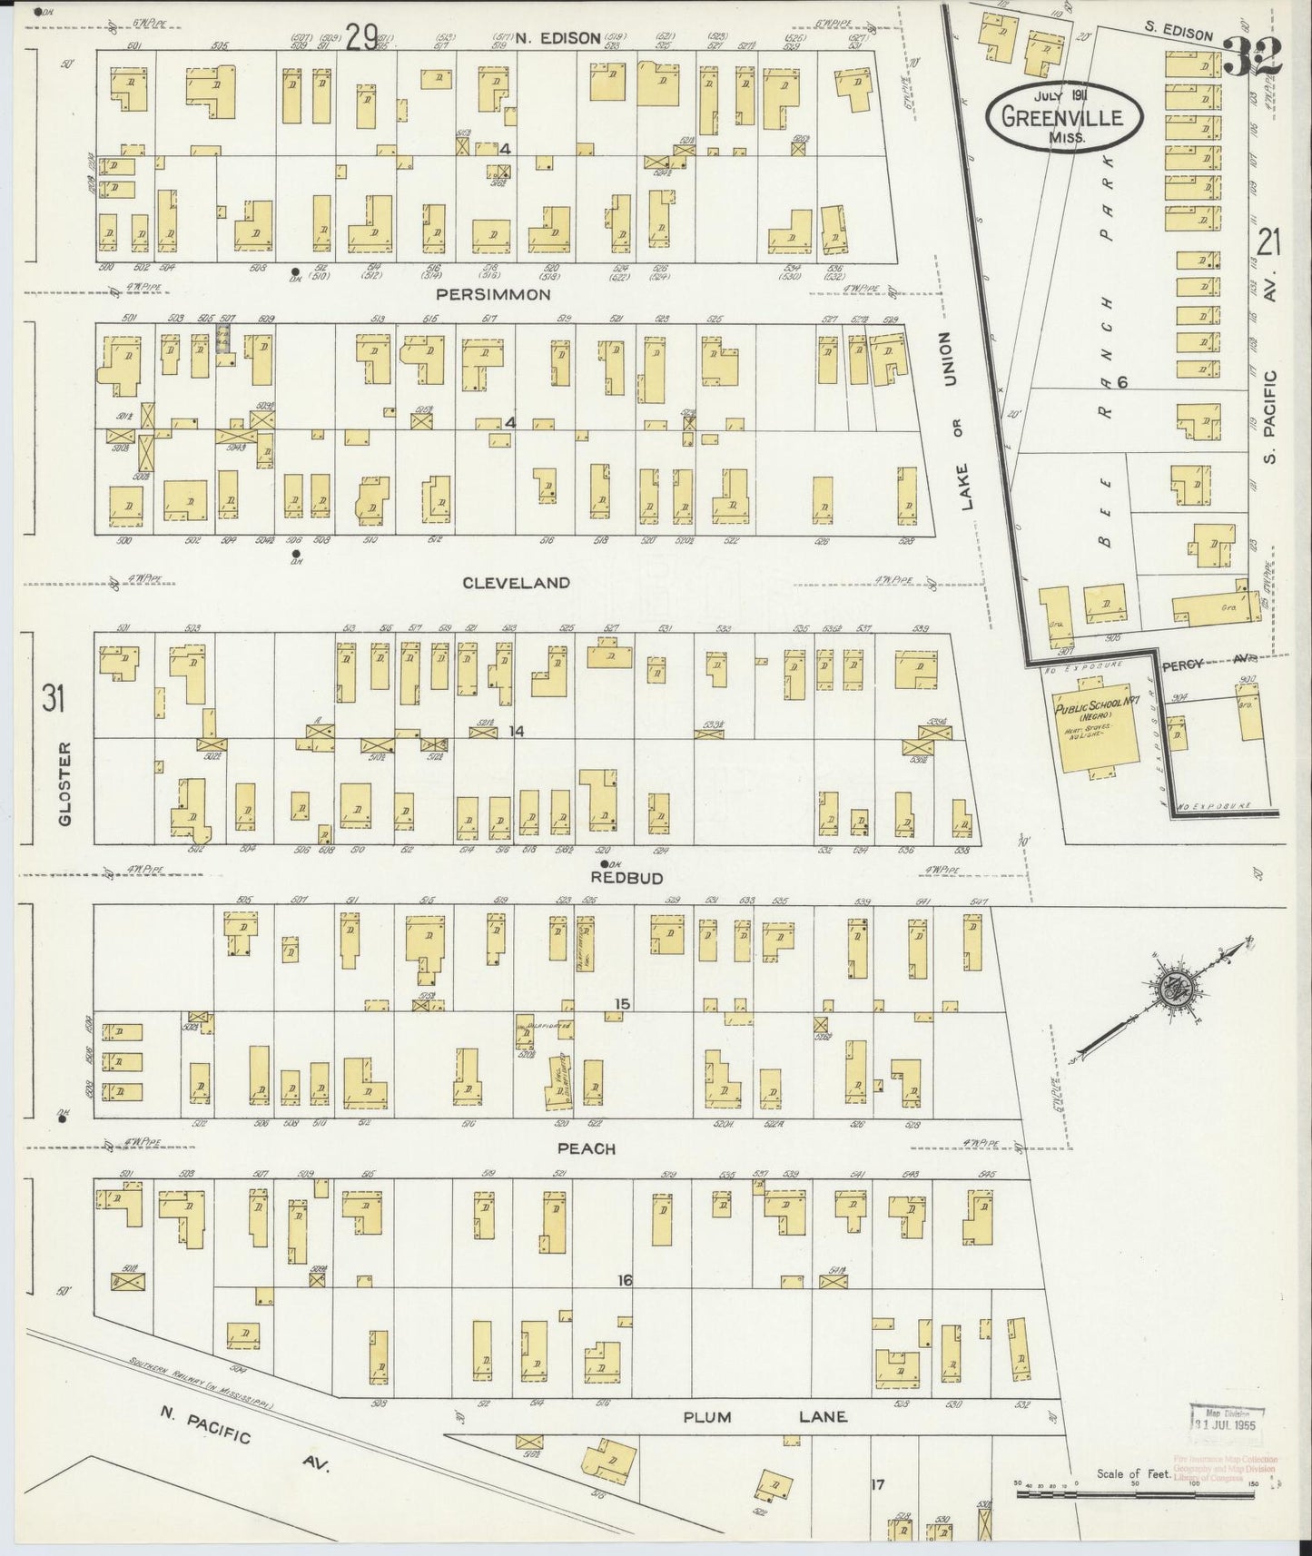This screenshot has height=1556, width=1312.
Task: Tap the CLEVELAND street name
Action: pos(516,583)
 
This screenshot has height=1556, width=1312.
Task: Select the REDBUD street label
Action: pos(626,878)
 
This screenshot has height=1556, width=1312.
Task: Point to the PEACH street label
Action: pos(587,1148)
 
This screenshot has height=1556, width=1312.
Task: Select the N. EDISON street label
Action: pos(557,37)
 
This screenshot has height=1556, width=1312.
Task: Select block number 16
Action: pos(624,1280)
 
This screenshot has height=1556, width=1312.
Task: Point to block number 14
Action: pos(517,731)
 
